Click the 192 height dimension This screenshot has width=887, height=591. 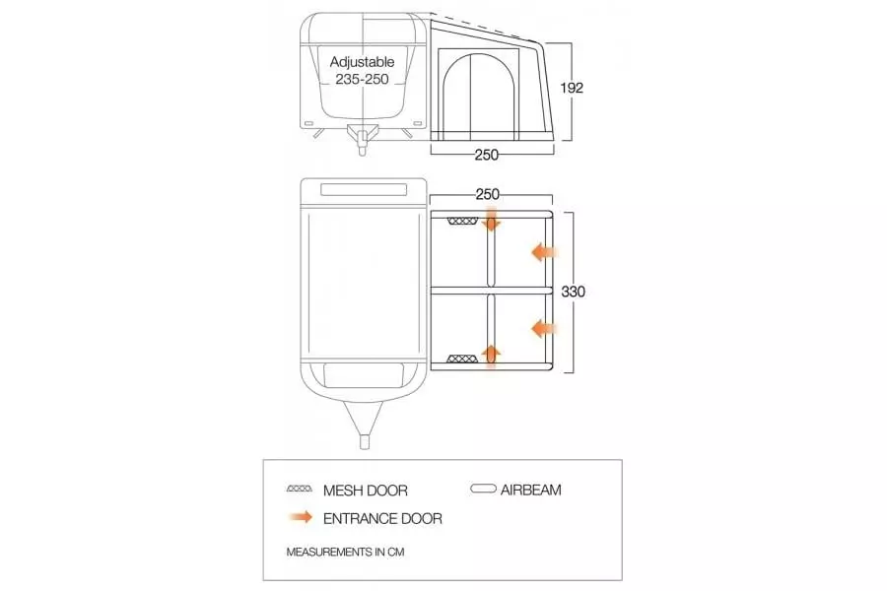572,88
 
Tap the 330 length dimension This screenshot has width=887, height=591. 573,292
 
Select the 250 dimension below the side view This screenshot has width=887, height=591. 487,155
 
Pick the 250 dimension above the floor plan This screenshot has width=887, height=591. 487,195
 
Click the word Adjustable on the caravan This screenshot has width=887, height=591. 362,62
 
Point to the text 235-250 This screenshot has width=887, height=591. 362,79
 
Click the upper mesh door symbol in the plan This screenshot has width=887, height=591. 463,221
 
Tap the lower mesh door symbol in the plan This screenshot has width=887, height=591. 463,359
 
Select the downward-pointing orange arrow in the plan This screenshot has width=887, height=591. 491,219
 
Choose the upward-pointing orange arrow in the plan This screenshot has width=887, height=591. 491,357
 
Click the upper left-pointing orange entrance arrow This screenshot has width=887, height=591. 544,252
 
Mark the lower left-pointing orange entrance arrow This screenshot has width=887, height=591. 544,328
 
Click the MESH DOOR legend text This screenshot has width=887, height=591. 366,491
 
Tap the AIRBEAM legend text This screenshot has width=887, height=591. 530,490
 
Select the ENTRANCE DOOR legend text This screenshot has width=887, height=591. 382,519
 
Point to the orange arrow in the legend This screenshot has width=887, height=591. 300,517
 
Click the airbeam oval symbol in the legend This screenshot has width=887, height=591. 484,489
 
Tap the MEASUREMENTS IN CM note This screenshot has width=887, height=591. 345,552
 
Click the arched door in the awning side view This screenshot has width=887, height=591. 479,95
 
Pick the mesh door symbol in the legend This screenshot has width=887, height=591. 300,489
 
